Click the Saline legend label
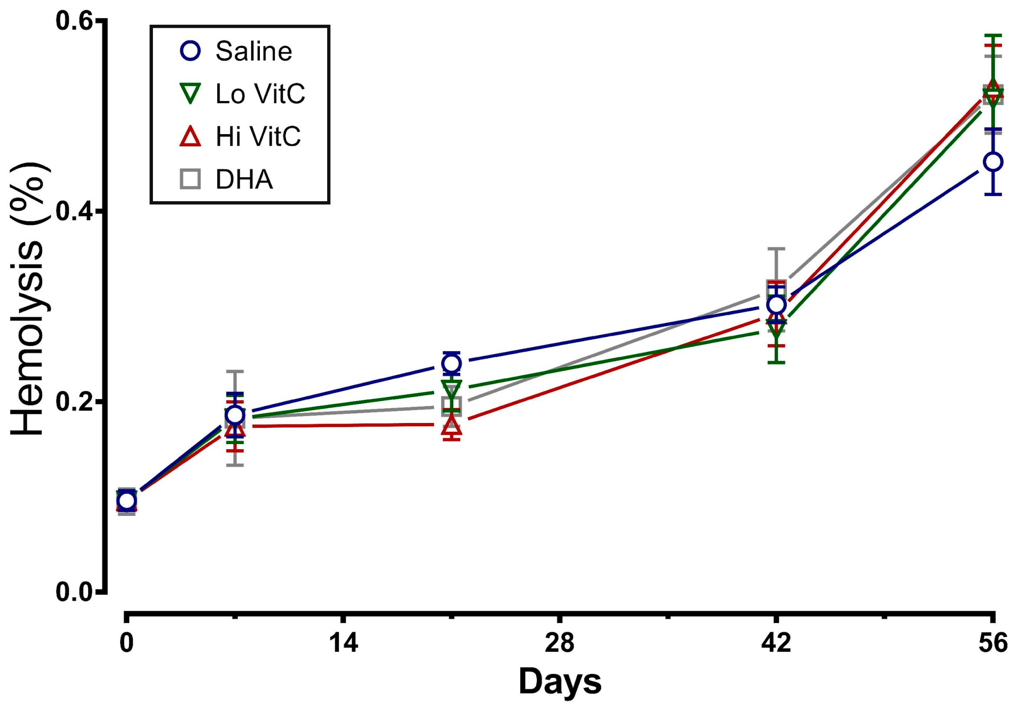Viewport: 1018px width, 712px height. click(254, 51)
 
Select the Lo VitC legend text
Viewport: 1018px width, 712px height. click(260, 94)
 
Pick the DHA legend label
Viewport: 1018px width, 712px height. click(244, 180)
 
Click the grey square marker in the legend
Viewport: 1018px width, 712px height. click(190, 180)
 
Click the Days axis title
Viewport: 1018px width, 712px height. click(560, 682)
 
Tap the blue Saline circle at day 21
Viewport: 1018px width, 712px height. click(451, 364)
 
